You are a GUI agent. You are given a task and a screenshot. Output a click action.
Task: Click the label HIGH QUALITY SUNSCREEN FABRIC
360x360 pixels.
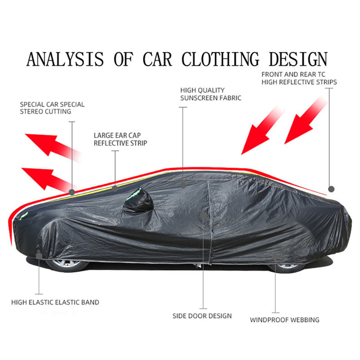click(211, 94)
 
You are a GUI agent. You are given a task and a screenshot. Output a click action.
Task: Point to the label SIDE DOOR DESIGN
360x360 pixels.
click(202, 315)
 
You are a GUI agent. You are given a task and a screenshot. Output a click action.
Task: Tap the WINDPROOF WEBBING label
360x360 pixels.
click(284, 320)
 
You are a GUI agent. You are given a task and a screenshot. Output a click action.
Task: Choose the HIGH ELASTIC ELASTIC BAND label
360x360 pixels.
click(55, 302)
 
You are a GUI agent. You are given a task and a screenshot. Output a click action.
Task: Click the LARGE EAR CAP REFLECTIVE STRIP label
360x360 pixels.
click(120, 139)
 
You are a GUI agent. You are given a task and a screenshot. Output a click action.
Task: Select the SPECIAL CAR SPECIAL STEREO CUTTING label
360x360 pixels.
click(52, 108)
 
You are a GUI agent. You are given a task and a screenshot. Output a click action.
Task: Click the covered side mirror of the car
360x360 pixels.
click(139, 201)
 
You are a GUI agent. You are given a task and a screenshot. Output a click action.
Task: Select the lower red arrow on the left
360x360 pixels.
click(47, 178)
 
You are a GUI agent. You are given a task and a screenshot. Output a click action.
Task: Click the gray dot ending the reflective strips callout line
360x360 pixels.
click(332, 189)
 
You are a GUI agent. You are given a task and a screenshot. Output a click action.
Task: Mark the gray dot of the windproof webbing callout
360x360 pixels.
click(275, 257)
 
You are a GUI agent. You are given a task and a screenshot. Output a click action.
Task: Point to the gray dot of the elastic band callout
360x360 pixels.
click(39, 256)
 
